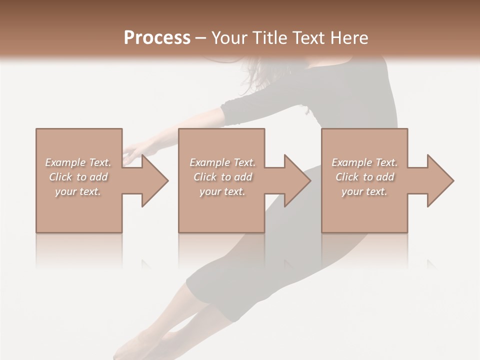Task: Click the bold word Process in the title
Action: tap(157, 37)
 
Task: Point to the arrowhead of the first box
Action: tap(154, 180)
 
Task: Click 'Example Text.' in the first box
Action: tap(78, 162)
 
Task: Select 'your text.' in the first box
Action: tap(78, 191)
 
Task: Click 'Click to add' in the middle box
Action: tap(222, 177)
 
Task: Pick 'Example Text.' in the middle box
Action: tap(222, 162)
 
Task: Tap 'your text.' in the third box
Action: tap(364, 191)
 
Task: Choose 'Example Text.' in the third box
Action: tap(364, 162)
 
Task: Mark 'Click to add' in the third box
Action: tap(364, 177)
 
